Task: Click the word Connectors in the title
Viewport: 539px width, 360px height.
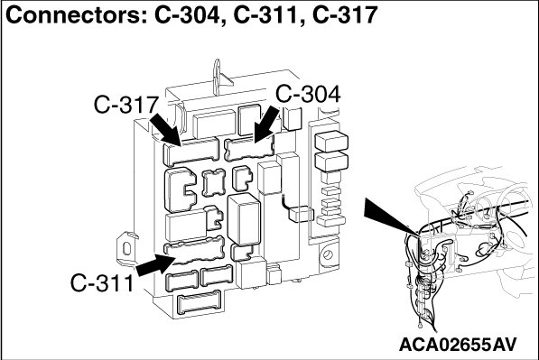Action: point(75,15)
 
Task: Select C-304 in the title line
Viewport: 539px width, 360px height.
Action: point(187,15)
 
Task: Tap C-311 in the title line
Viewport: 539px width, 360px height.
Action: point(265,15)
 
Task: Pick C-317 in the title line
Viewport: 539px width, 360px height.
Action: point(345,15)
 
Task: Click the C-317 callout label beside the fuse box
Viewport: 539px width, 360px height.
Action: point(126,105)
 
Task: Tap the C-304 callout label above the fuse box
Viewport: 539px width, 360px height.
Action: point(308,94)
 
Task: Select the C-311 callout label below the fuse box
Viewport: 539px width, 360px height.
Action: point(102,283)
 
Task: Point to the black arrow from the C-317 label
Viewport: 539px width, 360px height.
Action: point(165,130)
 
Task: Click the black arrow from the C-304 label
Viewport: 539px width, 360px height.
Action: point(266,124)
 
